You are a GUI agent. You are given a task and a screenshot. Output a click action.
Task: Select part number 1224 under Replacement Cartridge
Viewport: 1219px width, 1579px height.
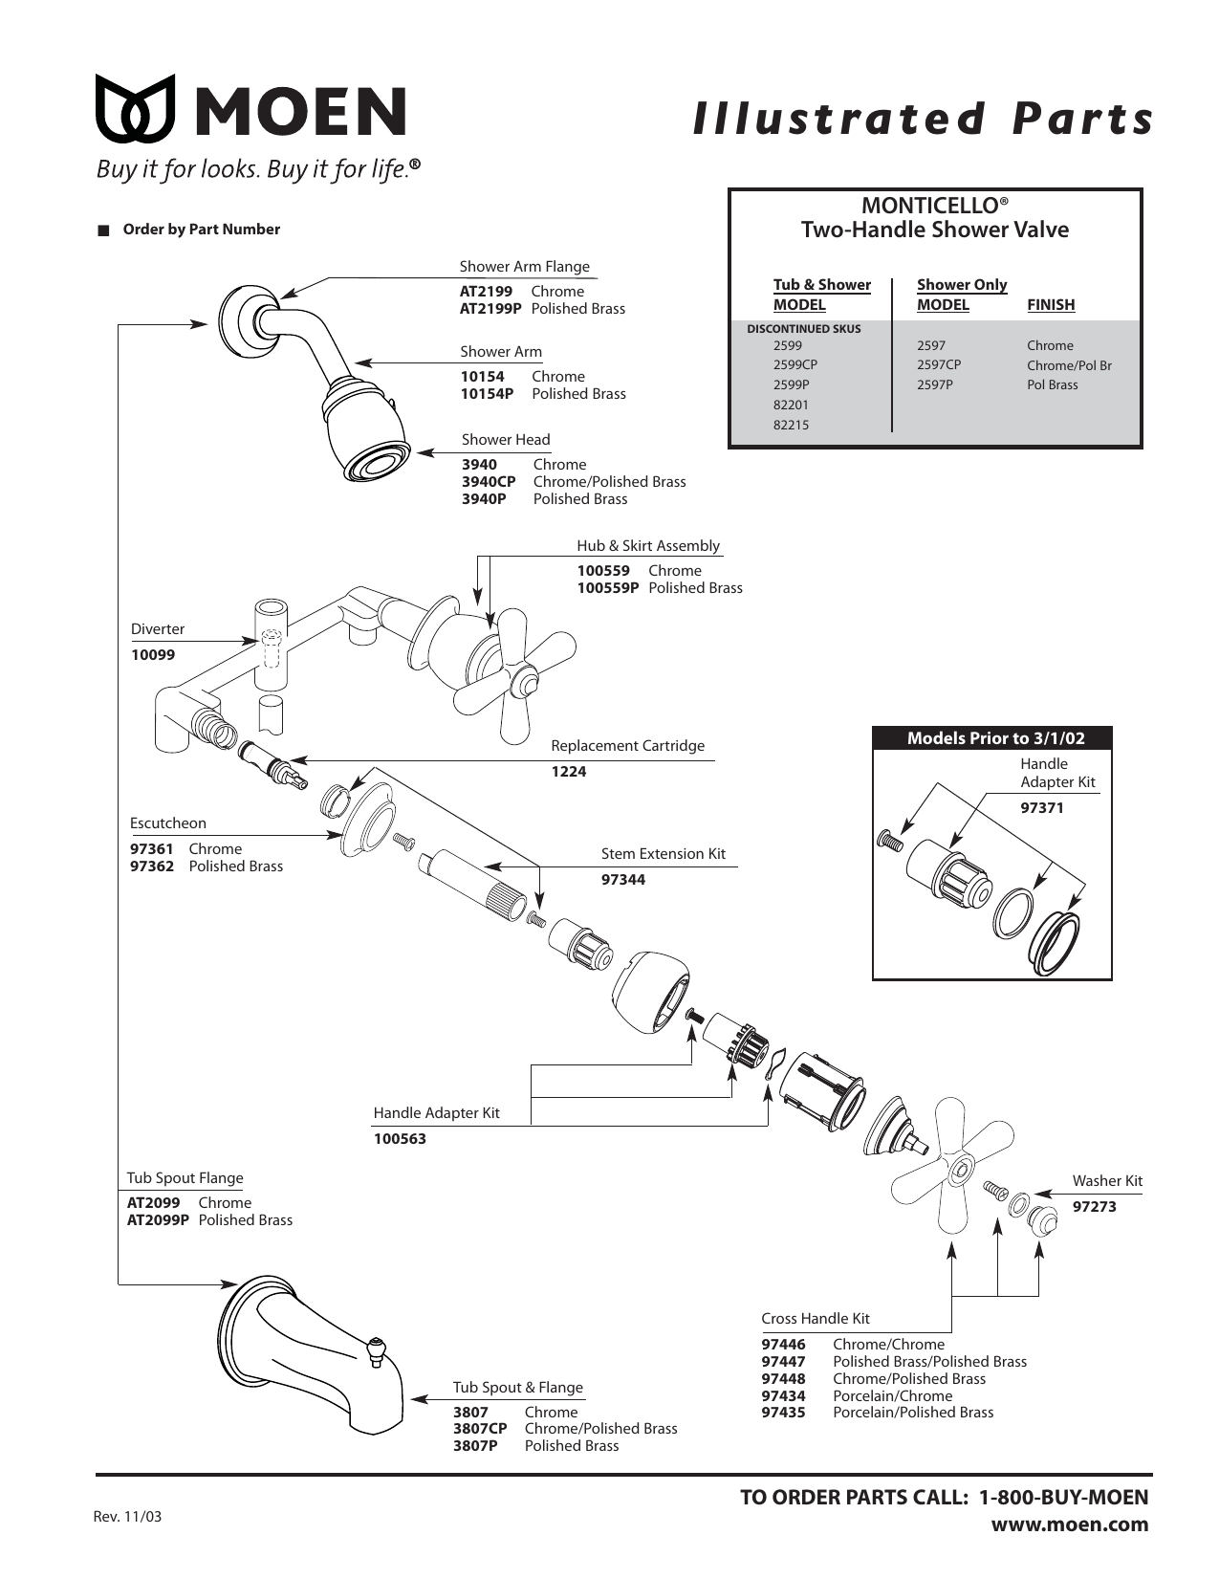pos(568,772)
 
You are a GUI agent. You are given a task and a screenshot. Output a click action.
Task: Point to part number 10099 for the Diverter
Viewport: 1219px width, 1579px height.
pos(153,655)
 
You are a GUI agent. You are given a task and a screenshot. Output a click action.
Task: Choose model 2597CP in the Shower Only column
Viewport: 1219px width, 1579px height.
pos(938,365)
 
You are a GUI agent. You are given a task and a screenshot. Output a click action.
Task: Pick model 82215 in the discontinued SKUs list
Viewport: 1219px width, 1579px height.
pos(791,425)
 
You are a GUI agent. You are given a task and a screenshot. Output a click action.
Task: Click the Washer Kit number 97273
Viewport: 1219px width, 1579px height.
pos(1094,1207)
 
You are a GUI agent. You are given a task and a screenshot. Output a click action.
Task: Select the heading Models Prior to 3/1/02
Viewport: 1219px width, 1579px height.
pos(995,738)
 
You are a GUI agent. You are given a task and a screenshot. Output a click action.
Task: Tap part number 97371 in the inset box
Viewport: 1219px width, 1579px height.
pos(1041,808)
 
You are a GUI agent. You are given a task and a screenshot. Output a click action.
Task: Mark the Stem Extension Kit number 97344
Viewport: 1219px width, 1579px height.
pos(622,880)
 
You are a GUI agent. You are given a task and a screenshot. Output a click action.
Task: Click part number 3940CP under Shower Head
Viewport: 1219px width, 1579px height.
pos(489,482)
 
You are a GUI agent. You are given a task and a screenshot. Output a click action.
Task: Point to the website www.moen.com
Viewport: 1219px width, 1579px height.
pos(1069,1524)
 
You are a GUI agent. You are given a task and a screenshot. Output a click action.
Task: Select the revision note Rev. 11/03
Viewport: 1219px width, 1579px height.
pos(127,1517)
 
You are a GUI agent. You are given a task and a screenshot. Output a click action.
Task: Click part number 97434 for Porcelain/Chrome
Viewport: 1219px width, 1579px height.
pos(783,1395)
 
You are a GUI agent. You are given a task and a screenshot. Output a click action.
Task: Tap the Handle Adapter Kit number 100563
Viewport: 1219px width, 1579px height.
pos(400,1139)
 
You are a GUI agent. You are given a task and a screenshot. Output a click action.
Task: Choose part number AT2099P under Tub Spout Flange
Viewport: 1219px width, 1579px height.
pos(158,1220)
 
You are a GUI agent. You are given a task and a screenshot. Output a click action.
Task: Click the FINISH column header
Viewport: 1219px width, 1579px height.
pos(1050,305)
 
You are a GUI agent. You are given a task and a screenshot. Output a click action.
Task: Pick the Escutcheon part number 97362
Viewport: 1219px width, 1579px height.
pos(152,866)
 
